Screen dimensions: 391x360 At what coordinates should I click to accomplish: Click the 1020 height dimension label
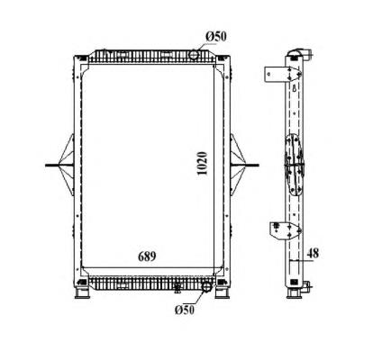click(x=203, y=164)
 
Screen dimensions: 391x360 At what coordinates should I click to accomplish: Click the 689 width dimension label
click(x=147, y=256)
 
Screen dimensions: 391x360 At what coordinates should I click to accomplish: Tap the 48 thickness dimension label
click(x=313, y=254)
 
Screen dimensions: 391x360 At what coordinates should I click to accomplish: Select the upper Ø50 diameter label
click(x=216, y=37)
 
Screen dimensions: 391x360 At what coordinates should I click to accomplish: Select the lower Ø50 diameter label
click(x=185, y=310)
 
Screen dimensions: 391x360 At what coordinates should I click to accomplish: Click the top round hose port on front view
click(x=194, y=55)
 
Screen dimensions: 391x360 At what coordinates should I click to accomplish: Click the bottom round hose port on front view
click(x=206, y=286)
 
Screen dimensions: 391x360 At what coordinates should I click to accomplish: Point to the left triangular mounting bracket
click(x=67, y=165)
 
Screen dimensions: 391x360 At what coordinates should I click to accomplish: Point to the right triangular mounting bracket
click(x=238, y=165)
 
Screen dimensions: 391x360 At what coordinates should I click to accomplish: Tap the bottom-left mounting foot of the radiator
click(x=81, y=292)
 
